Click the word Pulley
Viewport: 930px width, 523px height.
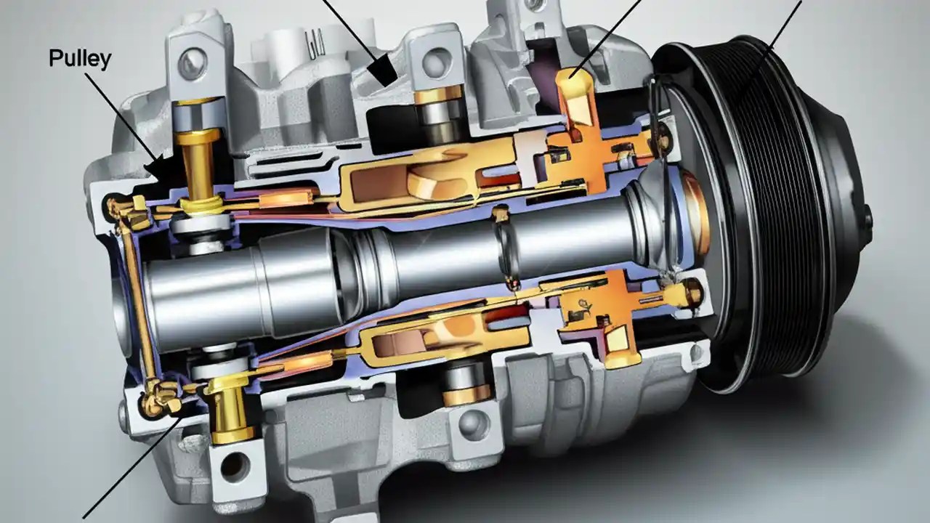pyautogui.click(x=80, y=58)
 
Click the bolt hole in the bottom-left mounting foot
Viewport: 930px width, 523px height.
pyautogui.click(x=235, y=463)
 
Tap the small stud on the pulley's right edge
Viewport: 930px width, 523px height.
pyautogui.click(x=866, y=216)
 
